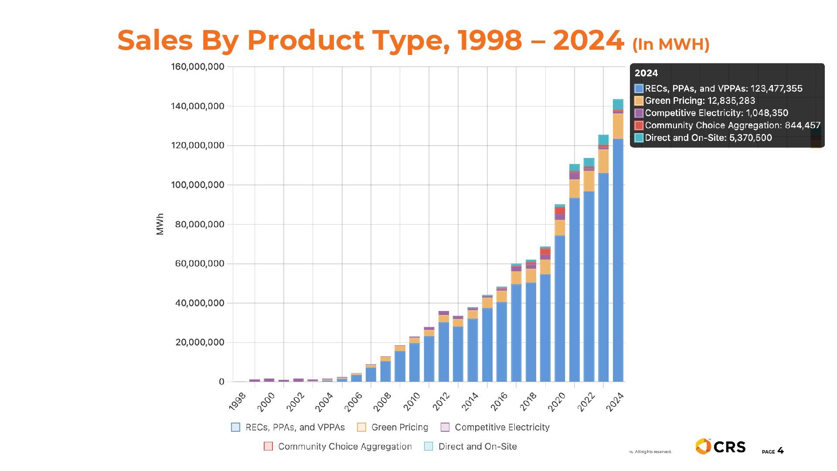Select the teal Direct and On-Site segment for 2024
pyautogui.click(x=618, y=104)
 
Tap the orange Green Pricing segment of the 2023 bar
pyautogui.click(x=603, y=161)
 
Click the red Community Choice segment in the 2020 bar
pyautogui.click(x=560, y=210)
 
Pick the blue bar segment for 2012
pyautogui.click(x=444, y=352)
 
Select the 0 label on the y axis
pyautogui.click(x=221, y=382)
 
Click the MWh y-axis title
pyautogui.click(x=160, y=224)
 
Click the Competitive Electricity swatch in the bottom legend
pyautogui.click(x=445, y=427)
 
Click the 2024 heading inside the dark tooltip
pyautogui.click(x=646, y=73)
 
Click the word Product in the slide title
pyautogui.click(x=305, y=40)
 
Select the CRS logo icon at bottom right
pyautogui.click(x=703, y=447)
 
